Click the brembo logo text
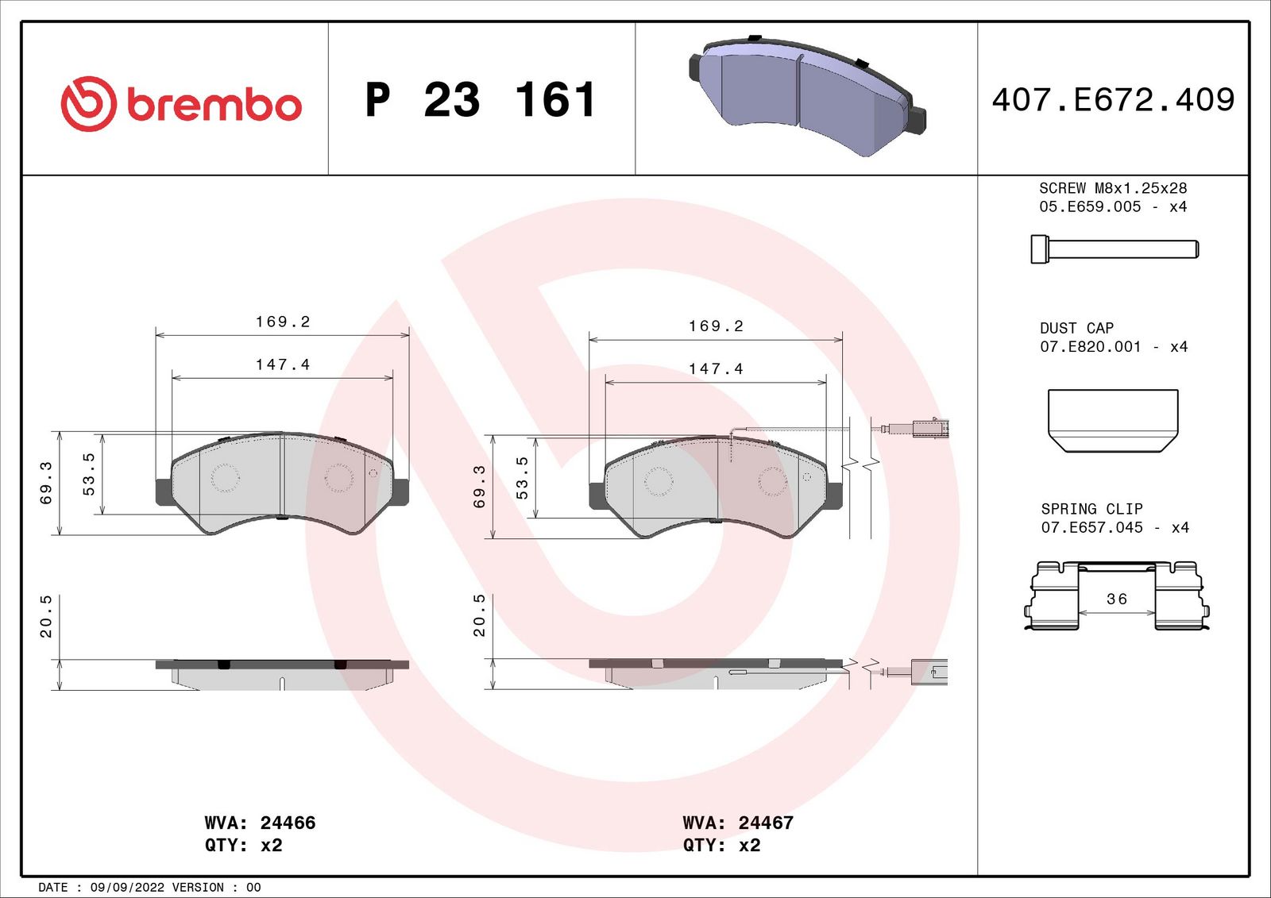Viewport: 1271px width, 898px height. click(x=213, y=106)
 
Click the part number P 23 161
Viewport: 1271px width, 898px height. click(x=480, y=100)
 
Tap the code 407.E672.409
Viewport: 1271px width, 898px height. click(x=1113, y=100)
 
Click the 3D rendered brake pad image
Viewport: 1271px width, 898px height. click(x=806, y=95)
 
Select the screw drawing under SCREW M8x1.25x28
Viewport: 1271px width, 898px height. click(x=1114, y=249)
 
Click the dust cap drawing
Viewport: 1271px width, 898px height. click(x=1112, y=420)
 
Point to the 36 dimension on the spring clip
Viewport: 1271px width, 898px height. click(x=1116, y=599)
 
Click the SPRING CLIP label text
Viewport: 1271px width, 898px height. click(x=1091, y=509)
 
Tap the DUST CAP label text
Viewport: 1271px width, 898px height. click(x=1076, y=328)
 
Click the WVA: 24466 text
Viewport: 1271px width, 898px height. click(x=260, y=823)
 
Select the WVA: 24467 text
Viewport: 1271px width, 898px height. click(x=738, y=823)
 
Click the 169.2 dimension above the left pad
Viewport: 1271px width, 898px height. click(x=283, y=322)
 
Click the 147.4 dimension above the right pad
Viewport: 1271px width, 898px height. click(x=716, y=368)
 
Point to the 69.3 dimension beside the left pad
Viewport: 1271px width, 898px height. click(x=46, y=483)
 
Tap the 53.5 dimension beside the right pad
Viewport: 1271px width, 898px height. click(x=522, y=477)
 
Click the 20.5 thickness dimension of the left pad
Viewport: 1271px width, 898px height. click(x=46, y=616)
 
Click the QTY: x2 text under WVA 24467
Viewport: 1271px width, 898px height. click(x=721, y=845)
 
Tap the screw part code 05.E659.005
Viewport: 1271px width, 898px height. click(x=1090, y=206)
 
